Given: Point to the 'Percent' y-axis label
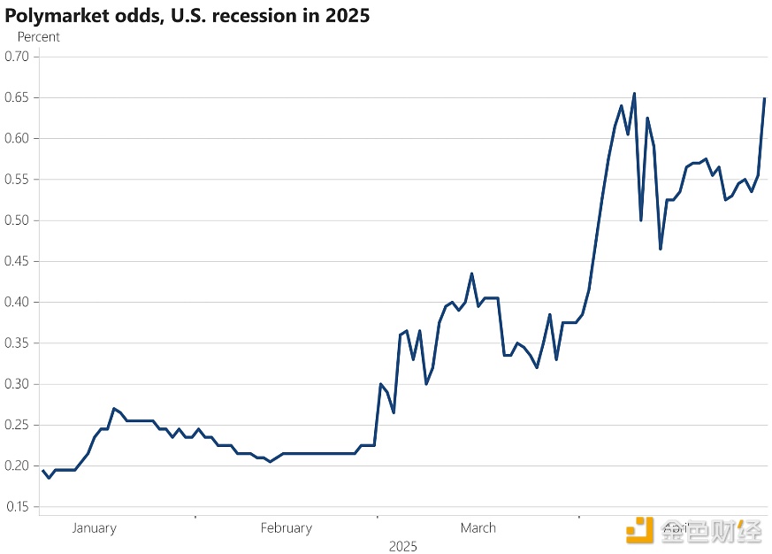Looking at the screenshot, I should click(x=39, y=37).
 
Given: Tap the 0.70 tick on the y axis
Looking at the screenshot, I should click(x=17, y=57).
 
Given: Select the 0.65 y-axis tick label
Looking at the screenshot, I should click(x=17, y=97).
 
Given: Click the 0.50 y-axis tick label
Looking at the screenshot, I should click(x=17, y=220).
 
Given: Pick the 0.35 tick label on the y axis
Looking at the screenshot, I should click(x=17, y=343).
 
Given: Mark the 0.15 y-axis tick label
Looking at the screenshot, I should click(x=17, y=507).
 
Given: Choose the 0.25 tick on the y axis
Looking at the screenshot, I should click(x=17, y=425).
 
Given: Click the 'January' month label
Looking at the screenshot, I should click(x=94, y=528).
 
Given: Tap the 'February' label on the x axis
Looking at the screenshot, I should click(x=286, y=528).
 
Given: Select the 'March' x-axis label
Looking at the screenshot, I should click(x=478, y=528).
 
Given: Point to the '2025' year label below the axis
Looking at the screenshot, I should click(x=402, y=547).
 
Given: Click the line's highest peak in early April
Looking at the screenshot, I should click(x=634, y=93).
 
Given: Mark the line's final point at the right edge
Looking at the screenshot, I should click(x=765, y=98).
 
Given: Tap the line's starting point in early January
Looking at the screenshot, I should click(x=42, y=471).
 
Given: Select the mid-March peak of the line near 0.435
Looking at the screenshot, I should click(x=471, y=273).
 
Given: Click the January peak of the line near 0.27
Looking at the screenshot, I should click(x=114, y=408).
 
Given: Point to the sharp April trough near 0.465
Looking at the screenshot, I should click(x=661, y=249).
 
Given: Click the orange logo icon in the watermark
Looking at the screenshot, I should click(x=639, y=530).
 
